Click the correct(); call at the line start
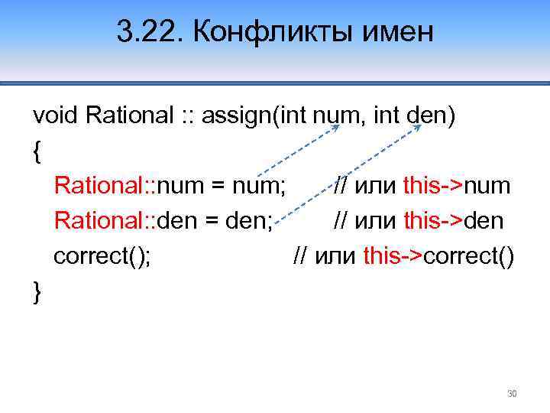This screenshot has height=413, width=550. pos(102,257)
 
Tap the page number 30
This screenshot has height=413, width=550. pos(512,394)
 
